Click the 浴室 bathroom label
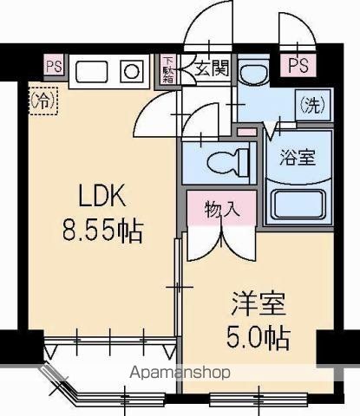point(298,158)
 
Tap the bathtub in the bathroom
point(298,205)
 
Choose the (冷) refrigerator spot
point(43,101)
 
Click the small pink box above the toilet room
point(247,131)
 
